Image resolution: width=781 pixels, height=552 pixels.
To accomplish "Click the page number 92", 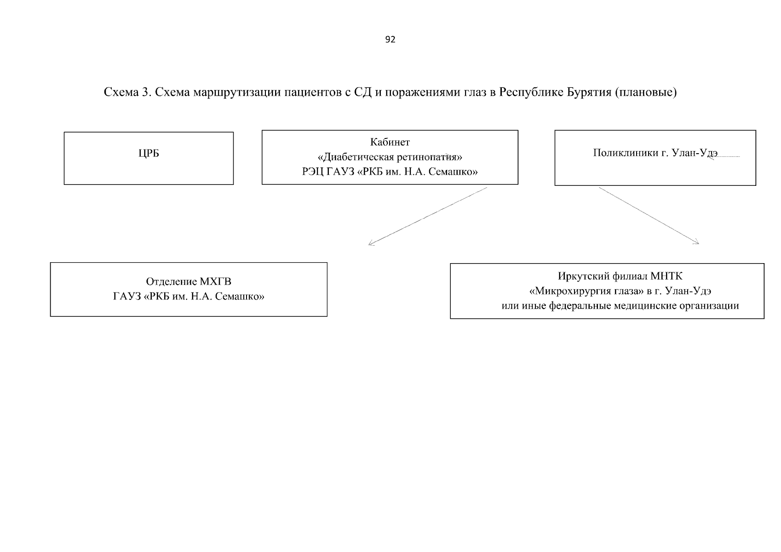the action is pyautogui.click(x=390, y=40).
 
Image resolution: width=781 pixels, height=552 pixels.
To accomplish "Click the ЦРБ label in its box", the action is pyautogui.click(x=149, y=154).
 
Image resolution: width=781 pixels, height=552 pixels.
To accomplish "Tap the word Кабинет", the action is pyautogui.click(x=390, y=142).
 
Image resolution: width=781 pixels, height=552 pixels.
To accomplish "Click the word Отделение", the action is pyautogui.click(x=171, y=282).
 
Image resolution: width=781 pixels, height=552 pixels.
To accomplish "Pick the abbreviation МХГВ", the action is pyautogui.click(x=215, y=282).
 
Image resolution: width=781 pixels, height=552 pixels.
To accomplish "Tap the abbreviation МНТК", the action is pyautogui.click(x=666, y=276).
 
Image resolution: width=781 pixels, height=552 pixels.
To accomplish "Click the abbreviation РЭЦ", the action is pyautogui.click(x=313, y=172).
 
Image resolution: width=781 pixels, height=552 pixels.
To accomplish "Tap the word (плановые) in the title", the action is pyautogui.click(x=646, y=92).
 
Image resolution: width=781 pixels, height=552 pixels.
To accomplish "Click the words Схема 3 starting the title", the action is pyautogui.click(x=127, y=92).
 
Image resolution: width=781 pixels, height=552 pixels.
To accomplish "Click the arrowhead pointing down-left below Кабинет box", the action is pyautogui.click(x=371, y=243).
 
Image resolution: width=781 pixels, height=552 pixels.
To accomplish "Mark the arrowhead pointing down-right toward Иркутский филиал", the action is pyautogui.click(x=696, y=241).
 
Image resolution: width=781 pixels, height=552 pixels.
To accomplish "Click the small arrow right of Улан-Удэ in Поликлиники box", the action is pyautogui.click(x=723, y=157).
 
